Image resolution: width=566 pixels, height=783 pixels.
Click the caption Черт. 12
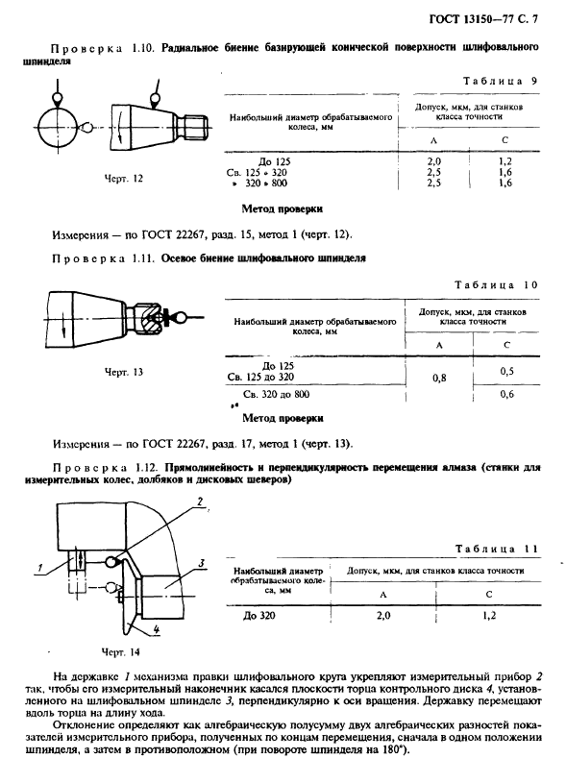pyautogui.click(x=123, y=179)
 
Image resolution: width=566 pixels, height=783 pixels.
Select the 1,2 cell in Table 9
pyautogui.click(x=504, y=160)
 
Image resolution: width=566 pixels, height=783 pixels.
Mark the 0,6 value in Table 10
pyautogui.click(x=506, y=394)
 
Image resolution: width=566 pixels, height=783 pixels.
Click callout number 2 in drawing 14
pyautogui.click(x=197, y=501)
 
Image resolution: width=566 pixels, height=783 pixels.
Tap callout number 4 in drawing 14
pyautogui.click(x=141, y=630)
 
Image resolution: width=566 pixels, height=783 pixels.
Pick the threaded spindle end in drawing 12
pyautogui.click(x=198, y=124)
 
